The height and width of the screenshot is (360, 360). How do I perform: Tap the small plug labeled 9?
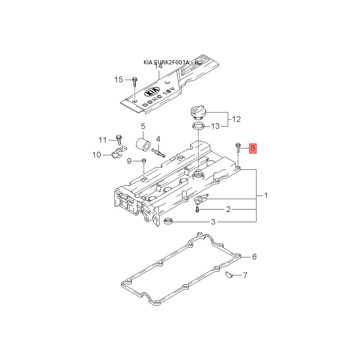(x=144, y=161)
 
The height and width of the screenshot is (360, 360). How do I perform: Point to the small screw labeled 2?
(x=197, y=209)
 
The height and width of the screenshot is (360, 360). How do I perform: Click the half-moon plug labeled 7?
(x=228, y=274)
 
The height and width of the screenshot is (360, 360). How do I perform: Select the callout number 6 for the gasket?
(x=254, y=257)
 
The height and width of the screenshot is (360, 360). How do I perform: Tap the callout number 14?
(x=158, y=67)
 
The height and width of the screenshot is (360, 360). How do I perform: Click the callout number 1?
(x=265, y=196)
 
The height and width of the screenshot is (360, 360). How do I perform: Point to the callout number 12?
(x=236, y=119)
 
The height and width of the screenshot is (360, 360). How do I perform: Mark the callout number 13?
(x=216, y=126)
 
